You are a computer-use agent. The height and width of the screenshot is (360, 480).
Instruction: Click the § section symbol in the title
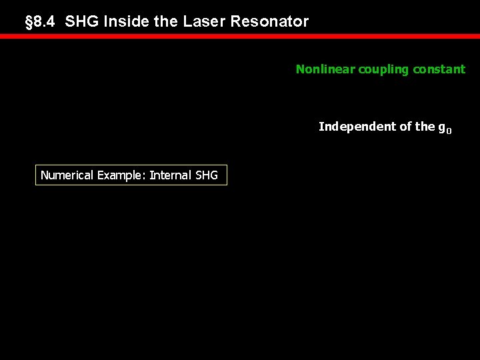click(x=28, y=22)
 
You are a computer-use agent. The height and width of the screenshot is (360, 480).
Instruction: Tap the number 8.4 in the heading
click(x=45, y=22)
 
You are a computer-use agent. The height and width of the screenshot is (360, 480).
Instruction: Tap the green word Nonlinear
click(x=325, y=69)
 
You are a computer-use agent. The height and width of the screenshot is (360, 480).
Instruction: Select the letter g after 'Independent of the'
click(x=441, y=127)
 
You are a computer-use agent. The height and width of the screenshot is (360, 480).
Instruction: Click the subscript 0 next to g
click(x=449, y=131)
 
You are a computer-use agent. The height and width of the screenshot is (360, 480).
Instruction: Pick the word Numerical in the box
click(x=67, y=175)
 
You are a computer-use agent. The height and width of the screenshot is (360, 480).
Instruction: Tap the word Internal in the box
click(x=171, y=175)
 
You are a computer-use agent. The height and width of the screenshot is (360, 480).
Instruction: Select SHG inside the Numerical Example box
click(x=207, y=175)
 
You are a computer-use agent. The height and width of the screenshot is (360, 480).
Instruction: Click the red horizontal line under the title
click(x=240, y=36)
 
